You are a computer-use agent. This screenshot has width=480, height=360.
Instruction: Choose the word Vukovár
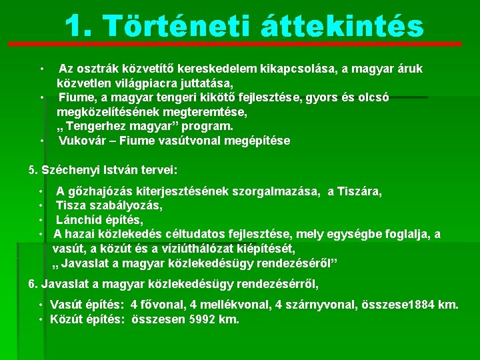tap(82, 141)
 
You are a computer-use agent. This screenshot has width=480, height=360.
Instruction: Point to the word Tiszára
tap(359, 192)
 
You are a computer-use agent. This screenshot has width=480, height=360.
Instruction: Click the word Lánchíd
tap(77, 220)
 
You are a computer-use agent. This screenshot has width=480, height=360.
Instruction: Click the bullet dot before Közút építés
tap(41, 319)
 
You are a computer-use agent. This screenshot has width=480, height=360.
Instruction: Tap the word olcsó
tap(373, 97)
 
